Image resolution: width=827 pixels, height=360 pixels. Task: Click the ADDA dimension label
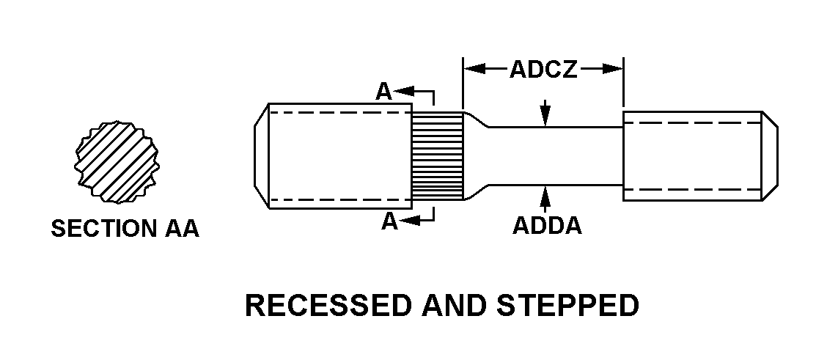click(x=547, y=226)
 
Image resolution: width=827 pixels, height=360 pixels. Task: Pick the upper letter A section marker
click(x=384, y=92)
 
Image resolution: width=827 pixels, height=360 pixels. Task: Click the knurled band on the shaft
click(x=437, y=156)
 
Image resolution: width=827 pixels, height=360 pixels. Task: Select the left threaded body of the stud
click(x=337, y=156)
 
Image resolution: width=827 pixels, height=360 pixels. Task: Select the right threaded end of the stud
click(x=691, y=156)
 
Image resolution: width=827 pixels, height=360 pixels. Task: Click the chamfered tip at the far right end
click(x=770, y=156)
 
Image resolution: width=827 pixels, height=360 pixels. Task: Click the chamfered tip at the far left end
click(x=262, y=156)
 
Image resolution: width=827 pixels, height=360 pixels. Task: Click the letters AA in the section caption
click(x=180, y=229)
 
